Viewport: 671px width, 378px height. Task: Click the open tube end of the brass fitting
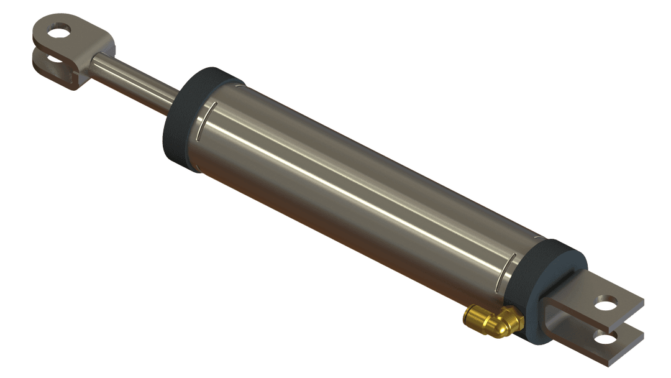coord(467,316)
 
